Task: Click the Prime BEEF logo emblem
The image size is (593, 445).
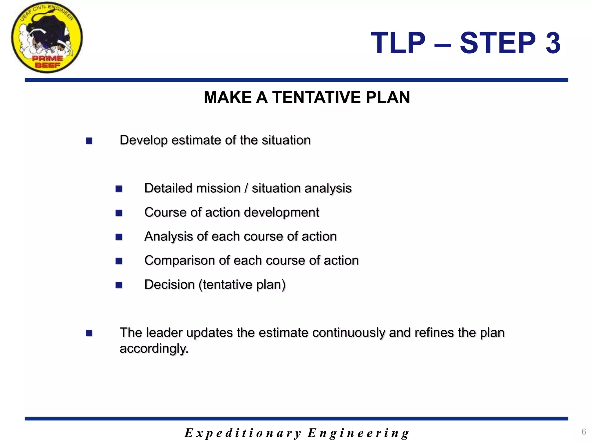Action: tap(47, 38)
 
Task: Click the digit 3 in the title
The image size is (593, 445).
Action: tap(553, 43)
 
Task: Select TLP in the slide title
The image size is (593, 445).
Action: tap(398, 43)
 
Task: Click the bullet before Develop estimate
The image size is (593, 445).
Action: tap(89, 141)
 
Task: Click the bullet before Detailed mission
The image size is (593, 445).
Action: tap(119, 189)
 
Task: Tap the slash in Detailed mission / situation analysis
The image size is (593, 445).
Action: tap(246, 188)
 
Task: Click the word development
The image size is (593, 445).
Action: tap(281, 213)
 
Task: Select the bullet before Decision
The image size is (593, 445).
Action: tap(119, 285)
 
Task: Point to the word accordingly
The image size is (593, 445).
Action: tap(154, 349)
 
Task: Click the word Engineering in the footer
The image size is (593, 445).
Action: tap(358, 433)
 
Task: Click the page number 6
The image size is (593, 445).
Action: tap(584, 432)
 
